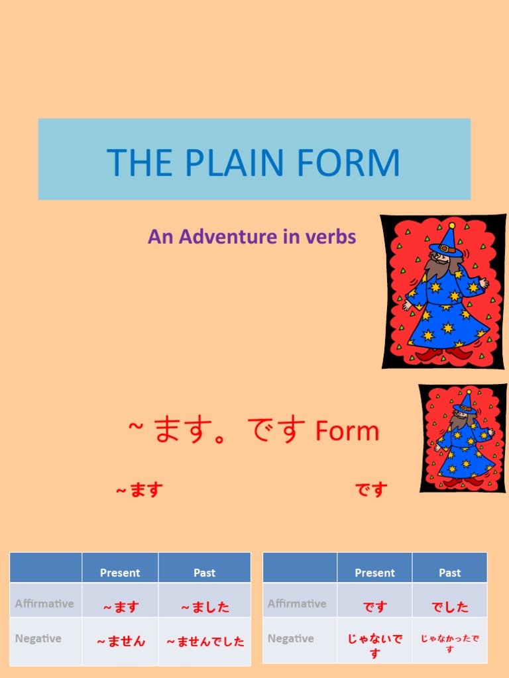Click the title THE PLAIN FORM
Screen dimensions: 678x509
point(254,162)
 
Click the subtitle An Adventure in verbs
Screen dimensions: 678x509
point(252,236)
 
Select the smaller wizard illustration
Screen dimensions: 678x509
point(461,438)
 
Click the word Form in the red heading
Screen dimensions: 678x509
point(347,432)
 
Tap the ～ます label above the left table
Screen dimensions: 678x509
point(139,490)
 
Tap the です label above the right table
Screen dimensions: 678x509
point(371,490)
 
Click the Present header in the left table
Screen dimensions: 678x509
point(120,573)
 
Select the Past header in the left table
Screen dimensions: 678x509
point(204,573)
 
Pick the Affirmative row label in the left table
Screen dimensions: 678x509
point(44,603)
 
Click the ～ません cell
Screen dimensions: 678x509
point(121,641)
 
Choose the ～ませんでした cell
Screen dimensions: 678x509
point(205,641)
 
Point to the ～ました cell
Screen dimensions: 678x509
point(205,606)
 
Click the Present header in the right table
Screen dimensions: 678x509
point(374,573)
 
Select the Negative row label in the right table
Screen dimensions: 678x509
point(290,638)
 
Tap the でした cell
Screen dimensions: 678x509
point(449,606)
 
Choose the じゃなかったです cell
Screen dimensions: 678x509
point(449,644)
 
